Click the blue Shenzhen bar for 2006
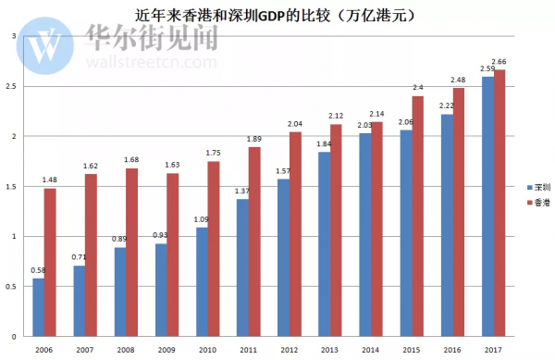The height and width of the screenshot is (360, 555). pos(38,306)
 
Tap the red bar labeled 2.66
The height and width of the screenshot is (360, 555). pos(499,203)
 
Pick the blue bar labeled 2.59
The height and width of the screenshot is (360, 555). pos(487,205)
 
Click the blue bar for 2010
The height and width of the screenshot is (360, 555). pos(203,281)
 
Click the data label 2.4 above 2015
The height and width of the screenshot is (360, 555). pos(418,89)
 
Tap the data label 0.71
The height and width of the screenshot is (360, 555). pos(79,257)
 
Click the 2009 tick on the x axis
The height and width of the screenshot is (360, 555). pos(167,350)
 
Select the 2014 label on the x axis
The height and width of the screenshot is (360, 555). pos(371,350)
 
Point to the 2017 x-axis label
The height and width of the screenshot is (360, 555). pos(494,350)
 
